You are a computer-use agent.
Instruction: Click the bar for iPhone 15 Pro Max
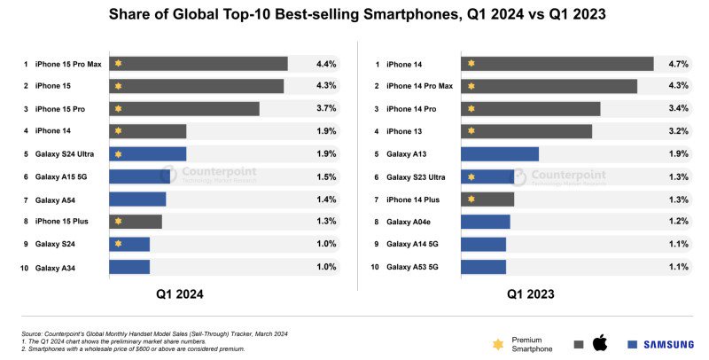198,64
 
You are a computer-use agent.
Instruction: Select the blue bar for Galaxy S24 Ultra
147,154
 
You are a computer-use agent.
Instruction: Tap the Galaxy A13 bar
499,154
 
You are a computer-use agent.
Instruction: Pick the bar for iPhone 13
526,131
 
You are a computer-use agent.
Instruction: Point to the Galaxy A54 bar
137,200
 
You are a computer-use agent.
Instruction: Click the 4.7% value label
678,64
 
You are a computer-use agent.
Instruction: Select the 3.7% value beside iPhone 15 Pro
326,109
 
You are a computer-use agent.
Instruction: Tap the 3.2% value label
678,131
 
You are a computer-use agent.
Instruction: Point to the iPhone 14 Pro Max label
419,86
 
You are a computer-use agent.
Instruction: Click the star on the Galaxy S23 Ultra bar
471,176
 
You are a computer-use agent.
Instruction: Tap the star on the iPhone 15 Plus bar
118,222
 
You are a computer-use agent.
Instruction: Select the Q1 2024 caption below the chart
173,293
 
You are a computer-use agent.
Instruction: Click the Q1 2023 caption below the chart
532,293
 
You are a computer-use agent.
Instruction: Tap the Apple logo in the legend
599,343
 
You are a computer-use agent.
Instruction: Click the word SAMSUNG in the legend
670,344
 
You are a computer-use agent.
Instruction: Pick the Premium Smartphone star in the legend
499,343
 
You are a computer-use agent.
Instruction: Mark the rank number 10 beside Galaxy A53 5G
376,267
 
